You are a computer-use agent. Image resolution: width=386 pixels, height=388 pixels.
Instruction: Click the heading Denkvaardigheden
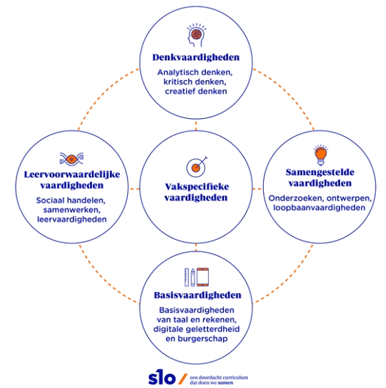pos(196,57)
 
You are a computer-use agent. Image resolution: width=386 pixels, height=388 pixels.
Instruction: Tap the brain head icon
pos(196,35)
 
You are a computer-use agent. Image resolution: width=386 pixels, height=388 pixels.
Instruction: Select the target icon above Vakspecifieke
pos(196,167)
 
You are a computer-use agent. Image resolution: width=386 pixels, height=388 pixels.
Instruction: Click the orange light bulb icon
pos(321,155)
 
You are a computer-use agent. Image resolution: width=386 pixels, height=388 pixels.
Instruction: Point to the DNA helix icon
pos(71,159)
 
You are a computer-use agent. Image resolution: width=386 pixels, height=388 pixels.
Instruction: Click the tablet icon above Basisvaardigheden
pos(203,277)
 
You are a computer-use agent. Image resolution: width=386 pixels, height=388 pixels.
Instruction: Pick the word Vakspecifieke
pos(197,187)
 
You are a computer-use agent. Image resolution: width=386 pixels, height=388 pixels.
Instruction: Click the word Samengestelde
pos(320,172)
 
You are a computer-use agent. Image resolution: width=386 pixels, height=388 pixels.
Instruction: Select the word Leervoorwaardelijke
pos(72,174)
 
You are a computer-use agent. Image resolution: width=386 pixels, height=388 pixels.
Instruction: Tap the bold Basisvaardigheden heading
pos(197,295)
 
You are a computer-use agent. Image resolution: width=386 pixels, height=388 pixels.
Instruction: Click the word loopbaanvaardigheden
pos(319,207)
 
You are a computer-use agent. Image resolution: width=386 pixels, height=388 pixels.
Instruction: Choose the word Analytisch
pos(177,72)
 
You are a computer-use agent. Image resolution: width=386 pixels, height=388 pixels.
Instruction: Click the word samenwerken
pos(71,210)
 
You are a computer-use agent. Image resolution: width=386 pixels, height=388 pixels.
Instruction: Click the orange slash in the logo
pos(183,379)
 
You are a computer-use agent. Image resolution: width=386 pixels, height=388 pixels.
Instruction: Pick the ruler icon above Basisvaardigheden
pos(187,277)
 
